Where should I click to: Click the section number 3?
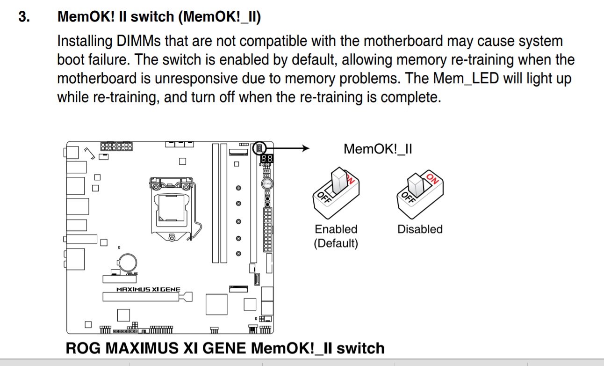pyautogui.click(x=24, y=17)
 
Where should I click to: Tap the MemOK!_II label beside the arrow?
pyautogui.click(x=378, y=149)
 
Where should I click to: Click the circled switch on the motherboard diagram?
pyautogui.click(x=259, y=148)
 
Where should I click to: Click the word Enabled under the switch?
pyautogui.click(x=336, y=229)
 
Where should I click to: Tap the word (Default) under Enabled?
pyautogui.click(x=336, y=243)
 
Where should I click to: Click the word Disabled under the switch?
pyautogui.click(x=420, y=229)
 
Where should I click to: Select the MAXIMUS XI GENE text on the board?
pyautogui.click(x=148, y=289)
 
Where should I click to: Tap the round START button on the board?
pyautogui.click(x=267, y=184)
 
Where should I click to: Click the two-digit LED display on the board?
pyautogui.click(x=267, y=159)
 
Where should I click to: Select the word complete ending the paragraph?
pyautogui.click(x=410, y=98)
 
